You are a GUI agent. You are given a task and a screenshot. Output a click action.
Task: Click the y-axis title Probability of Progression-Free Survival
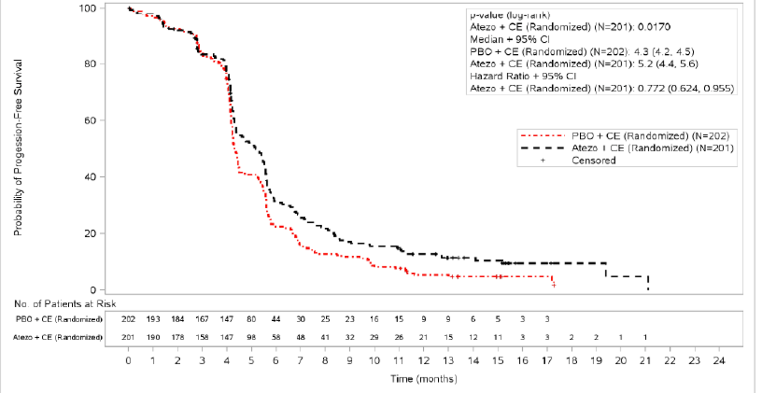pyautogui.click(x=18, y=148)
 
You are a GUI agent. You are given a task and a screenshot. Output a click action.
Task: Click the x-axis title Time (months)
pyautogui.click(x=423, y=379)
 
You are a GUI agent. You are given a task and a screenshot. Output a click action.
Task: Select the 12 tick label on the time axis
pyautogui.click(x=423, y=361)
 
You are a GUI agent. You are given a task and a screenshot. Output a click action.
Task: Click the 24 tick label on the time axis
pyautogui.click(x=719, y=361)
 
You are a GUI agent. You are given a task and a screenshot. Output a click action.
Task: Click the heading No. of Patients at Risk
pyautogui.click(x=65, y=304)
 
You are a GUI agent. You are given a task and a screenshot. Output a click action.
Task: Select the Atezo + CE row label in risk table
pyautogui.click(x=58, y=337)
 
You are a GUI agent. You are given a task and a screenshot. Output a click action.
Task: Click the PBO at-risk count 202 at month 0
pyautogui.click(x=128, y=319)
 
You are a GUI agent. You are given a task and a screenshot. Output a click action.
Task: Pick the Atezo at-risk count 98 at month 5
pyautogui.click(x=252, y=337)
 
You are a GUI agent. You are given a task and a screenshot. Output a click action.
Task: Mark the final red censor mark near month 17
pyautogui.click(x=553, y=285)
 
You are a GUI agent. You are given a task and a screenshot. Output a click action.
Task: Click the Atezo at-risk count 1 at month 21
pyautogui.click(x=645, y=337)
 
